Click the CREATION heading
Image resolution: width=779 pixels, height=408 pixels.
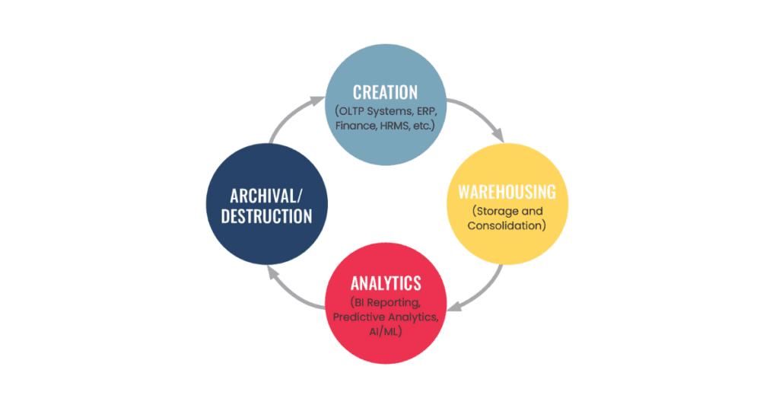point(385,92)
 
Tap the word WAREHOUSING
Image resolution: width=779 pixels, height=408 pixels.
point(506,191)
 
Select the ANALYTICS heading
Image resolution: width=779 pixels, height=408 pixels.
point(386,284)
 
